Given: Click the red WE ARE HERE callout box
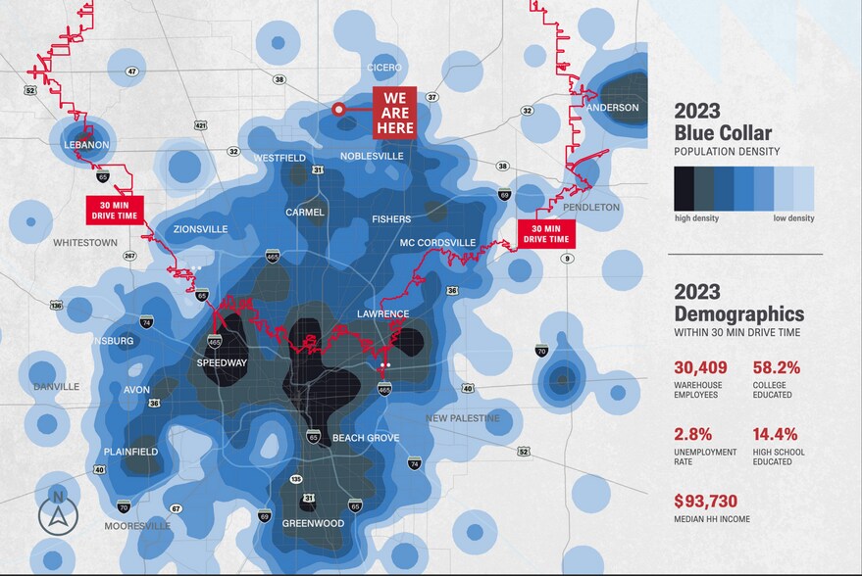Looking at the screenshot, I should click(394, 113).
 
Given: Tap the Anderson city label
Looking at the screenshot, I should click(615, 108).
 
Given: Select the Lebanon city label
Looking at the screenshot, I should click(85, 145).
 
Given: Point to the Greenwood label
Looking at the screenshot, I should click(313, 523).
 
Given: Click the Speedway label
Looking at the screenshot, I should click(222, 362).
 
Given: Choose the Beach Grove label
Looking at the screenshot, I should click(366, 438).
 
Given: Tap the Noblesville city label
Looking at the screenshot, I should click(372, 156).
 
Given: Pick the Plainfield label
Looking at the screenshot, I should click(131, 452).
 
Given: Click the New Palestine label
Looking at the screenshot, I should click(463, 418).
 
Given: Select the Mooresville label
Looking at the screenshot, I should click(137, 526).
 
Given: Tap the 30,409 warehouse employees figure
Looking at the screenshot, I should click(700, 368).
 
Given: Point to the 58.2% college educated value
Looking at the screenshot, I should click(777, 368).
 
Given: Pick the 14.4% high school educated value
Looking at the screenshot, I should click(776, 434).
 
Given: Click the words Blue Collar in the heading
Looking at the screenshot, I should click(723, 133).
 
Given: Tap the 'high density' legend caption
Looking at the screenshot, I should click(696, 218).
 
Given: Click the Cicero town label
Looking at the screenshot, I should click(384, 68).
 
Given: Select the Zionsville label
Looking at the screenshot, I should click(200, 229).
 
